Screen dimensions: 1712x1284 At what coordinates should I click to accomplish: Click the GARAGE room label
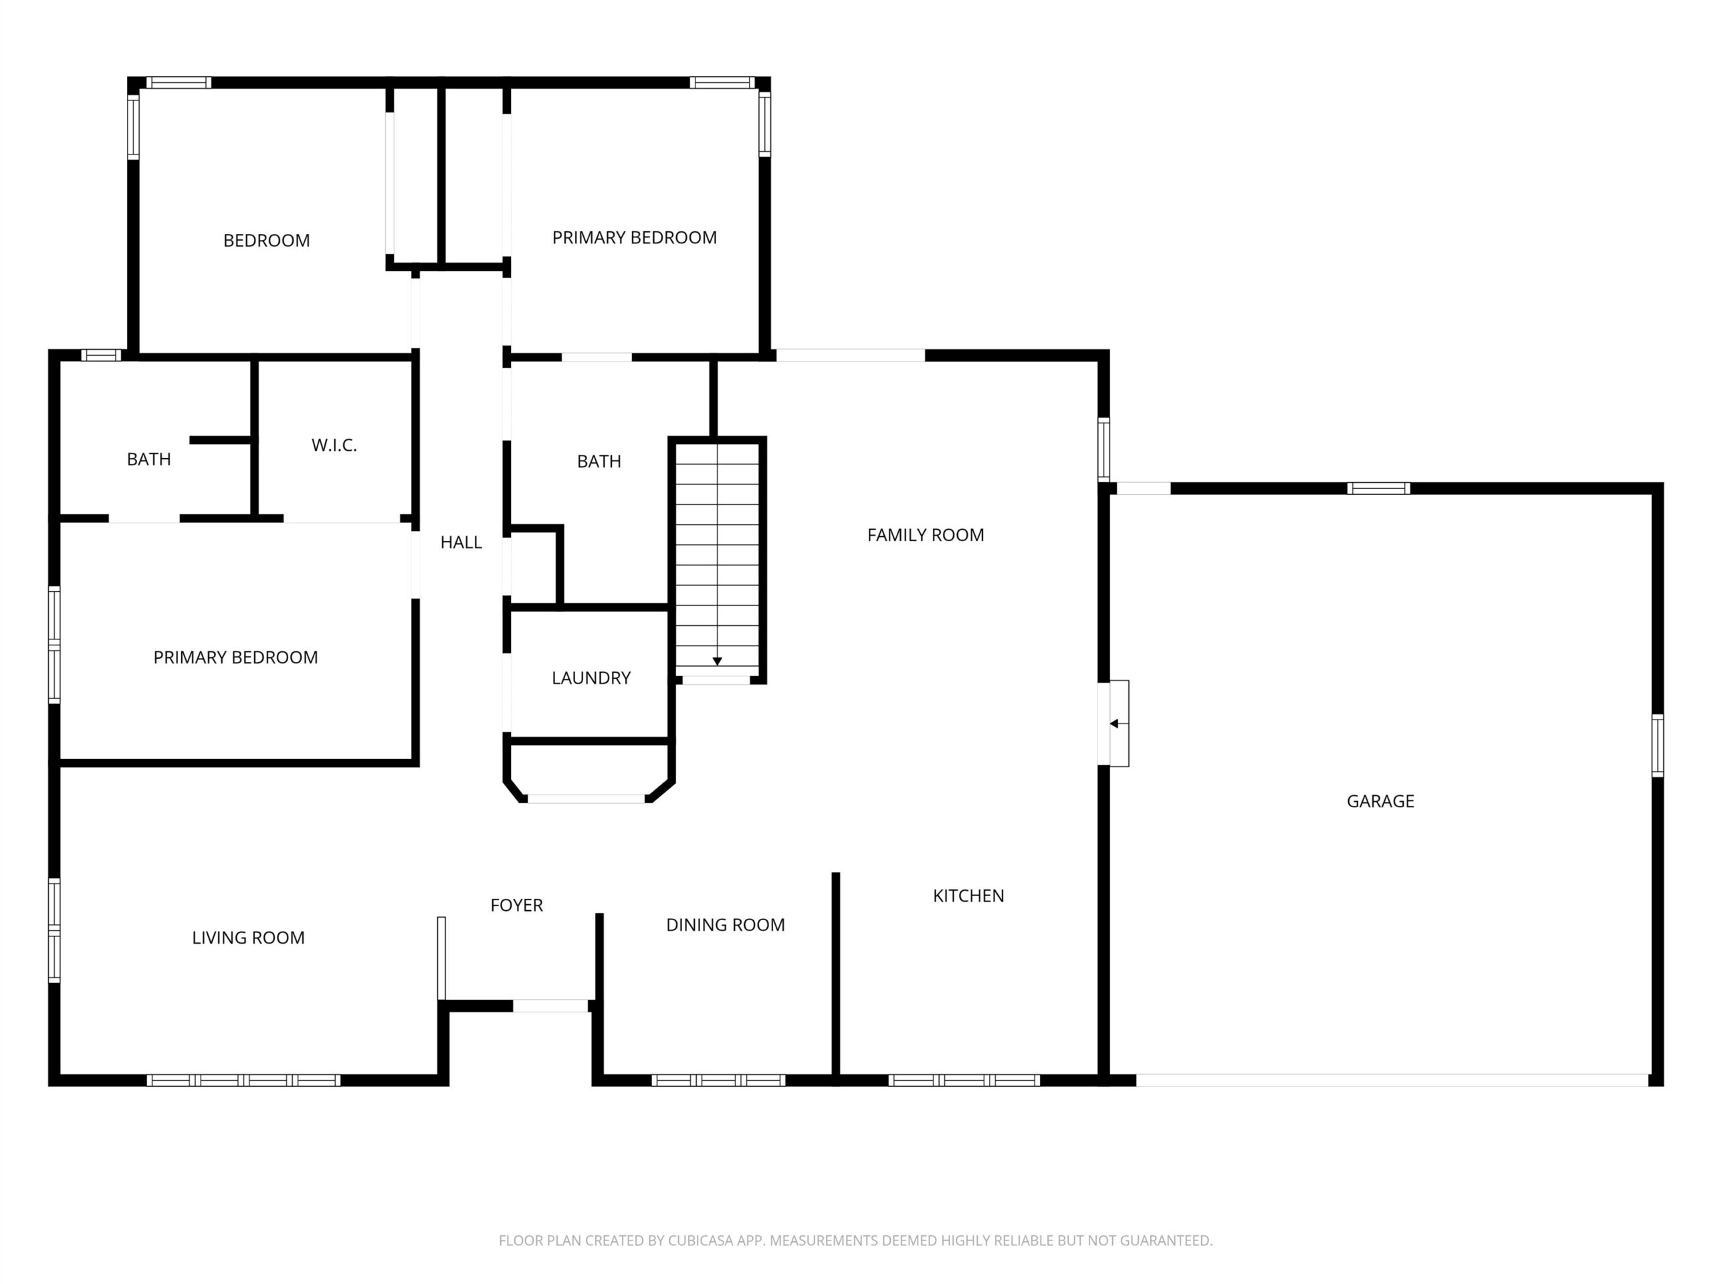1380,801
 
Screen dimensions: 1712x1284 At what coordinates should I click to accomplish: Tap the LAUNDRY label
591,678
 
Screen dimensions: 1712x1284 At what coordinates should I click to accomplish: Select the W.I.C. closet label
334,445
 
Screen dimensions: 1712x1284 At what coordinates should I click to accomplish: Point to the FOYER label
516,905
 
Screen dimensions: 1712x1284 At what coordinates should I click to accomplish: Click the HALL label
461,542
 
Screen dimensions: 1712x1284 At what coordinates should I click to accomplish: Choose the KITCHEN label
968,895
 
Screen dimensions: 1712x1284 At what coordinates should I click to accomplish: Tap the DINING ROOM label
725,925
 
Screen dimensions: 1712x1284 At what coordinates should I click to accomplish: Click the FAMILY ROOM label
926,535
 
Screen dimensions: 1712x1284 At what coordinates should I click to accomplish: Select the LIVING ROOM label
249,938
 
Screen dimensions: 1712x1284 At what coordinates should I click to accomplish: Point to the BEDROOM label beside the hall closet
266,241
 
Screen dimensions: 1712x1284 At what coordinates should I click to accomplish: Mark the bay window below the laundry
586,798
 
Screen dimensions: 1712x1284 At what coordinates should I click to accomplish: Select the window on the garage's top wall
1378,488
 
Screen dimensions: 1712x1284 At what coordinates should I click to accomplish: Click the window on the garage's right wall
1658,746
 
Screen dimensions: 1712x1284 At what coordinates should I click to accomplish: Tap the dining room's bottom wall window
718,1081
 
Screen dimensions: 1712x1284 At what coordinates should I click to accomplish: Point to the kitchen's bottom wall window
964,1081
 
